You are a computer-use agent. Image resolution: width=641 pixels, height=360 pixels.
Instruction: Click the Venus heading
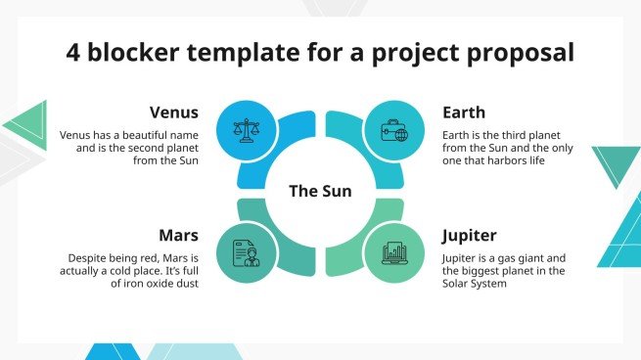(174, 112)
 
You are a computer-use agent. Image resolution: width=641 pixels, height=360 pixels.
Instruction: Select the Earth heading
(463, 112)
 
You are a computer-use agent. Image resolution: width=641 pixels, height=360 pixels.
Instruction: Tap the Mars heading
(178, 235)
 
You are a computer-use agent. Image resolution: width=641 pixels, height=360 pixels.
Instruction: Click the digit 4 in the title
(73, 52)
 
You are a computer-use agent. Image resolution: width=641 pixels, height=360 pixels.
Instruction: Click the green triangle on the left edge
(26, 125)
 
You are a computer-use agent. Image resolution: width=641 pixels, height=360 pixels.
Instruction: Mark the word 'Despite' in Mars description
(78, 258)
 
